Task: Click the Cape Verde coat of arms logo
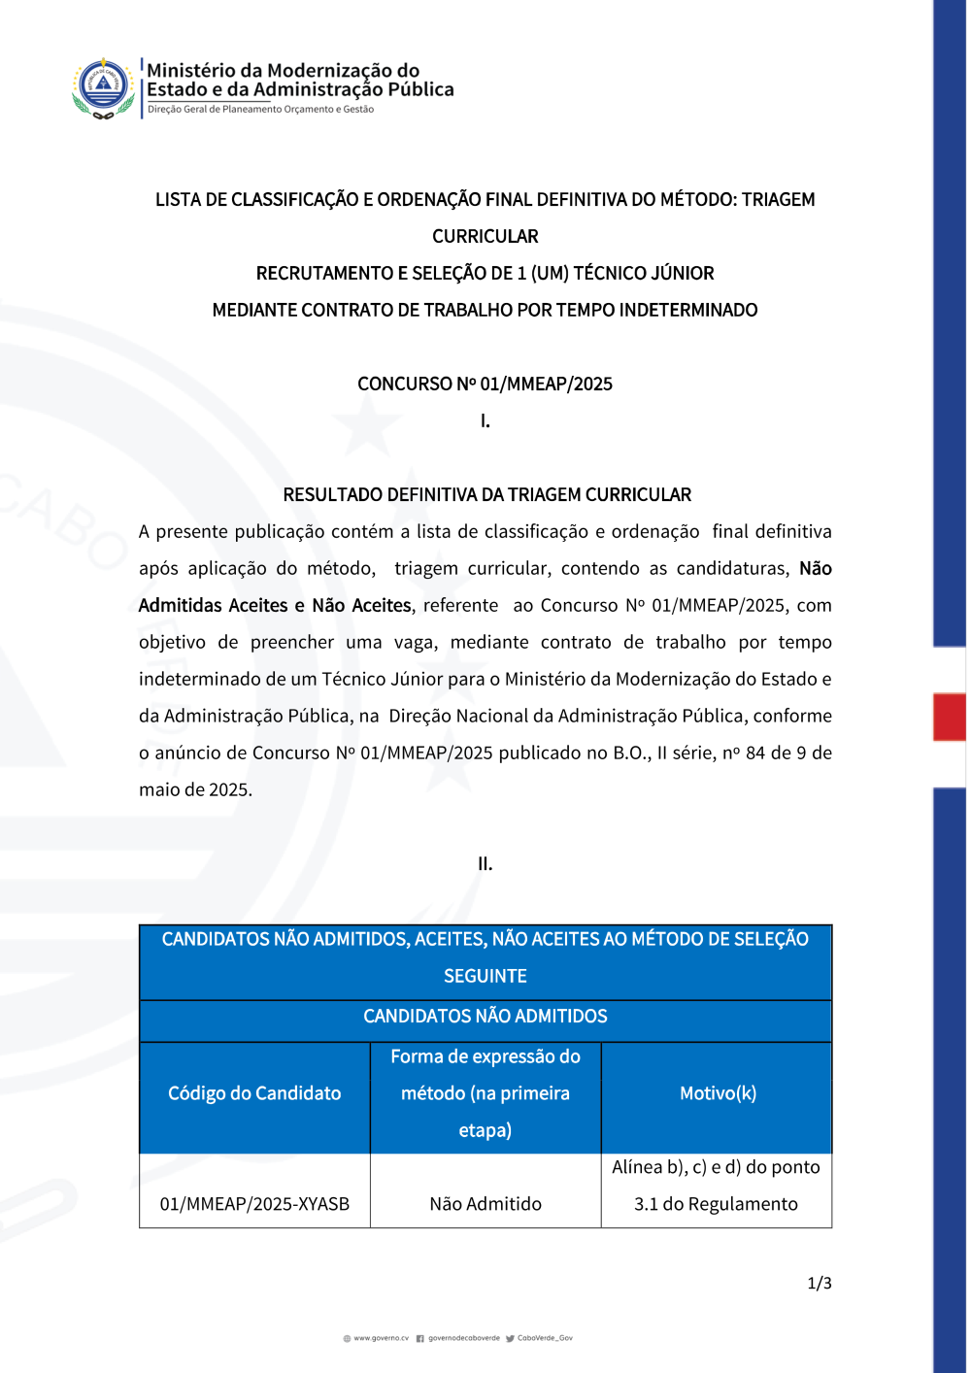(103, 87)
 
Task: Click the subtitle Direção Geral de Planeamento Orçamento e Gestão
(260, 110)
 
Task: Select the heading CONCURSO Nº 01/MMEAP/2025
(485, 384)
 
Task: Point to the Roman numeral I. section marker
(485, 420)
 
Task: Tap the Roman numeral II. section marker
(485, 863)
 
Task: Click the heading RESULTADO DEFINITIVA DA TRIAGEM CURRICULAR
(486, 494)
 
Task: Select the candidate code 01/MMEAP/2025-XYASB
(254, 1204)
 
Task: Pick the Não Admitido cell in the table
(485, 1204)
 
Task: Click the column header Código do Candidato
(254, 1093)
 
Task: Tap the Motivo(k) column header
(718, 1093)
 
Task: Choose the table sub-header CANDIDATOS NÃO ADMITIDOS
(485, 1016)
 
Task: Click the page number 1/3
(820, 1283)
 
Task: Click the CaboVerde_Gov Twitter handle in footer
(545, 1338)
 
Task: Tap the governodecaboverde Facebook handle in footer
(463, 1338)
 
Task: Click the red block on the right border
(949, 717)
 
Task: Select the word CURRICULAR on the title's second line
(485, 236)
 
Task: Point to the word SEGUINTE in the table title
(485, 976)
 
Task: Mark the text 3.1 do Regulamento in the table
(716, 1204)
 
